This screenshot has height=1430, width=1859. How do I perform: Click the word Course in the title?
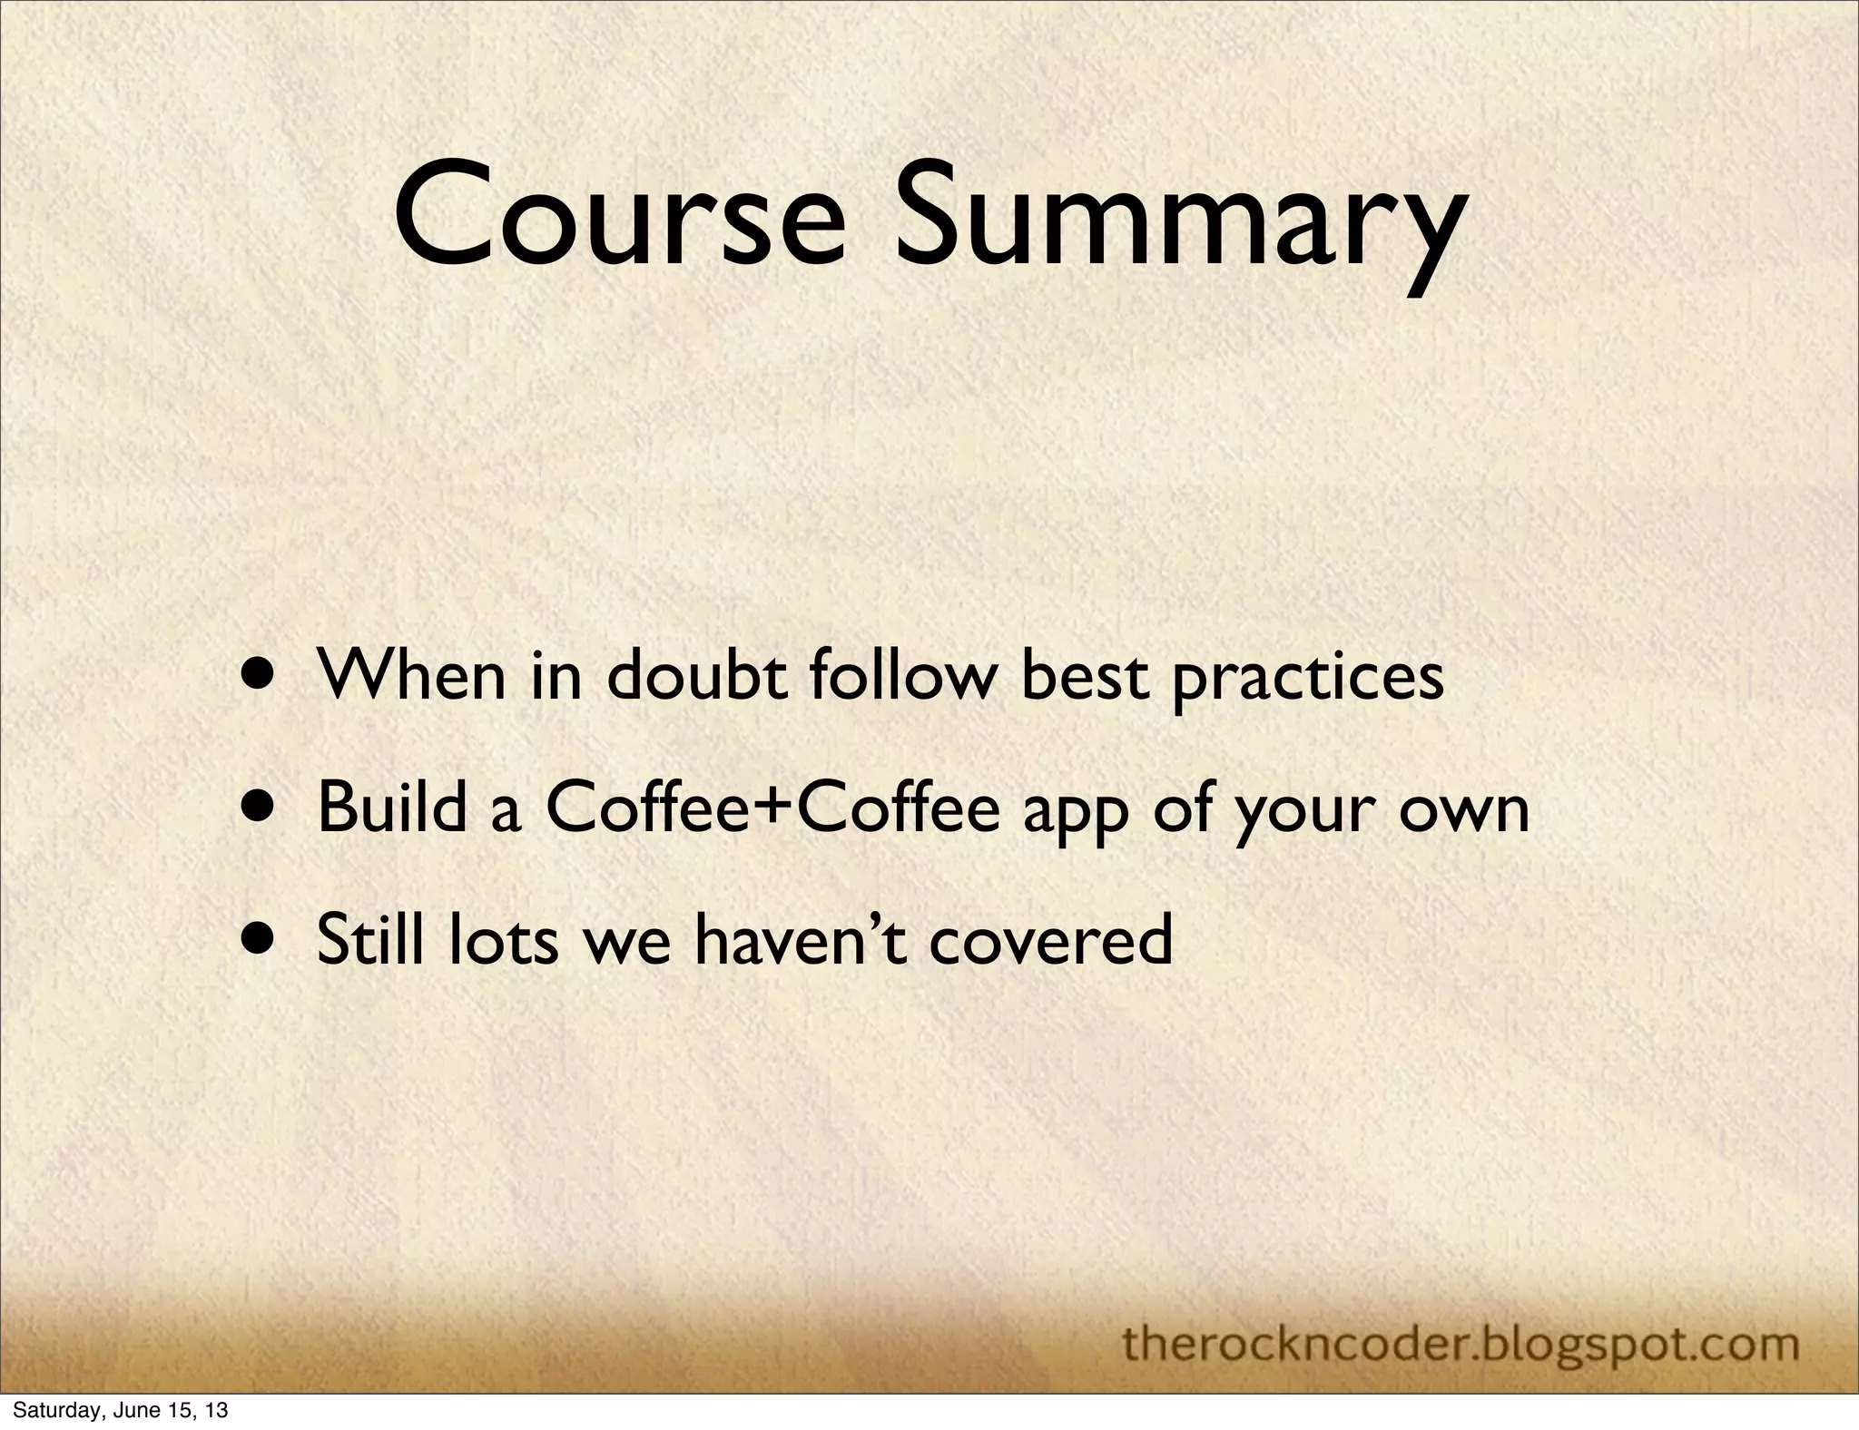point(618,219)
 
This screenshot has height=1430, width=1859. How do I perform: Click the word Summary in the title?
point(1179,222)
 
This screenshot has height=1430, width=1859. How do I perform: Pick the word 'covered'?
point(1052,939)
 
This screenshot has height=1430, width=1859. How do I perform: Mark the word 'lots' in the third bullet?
point(503,939)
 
